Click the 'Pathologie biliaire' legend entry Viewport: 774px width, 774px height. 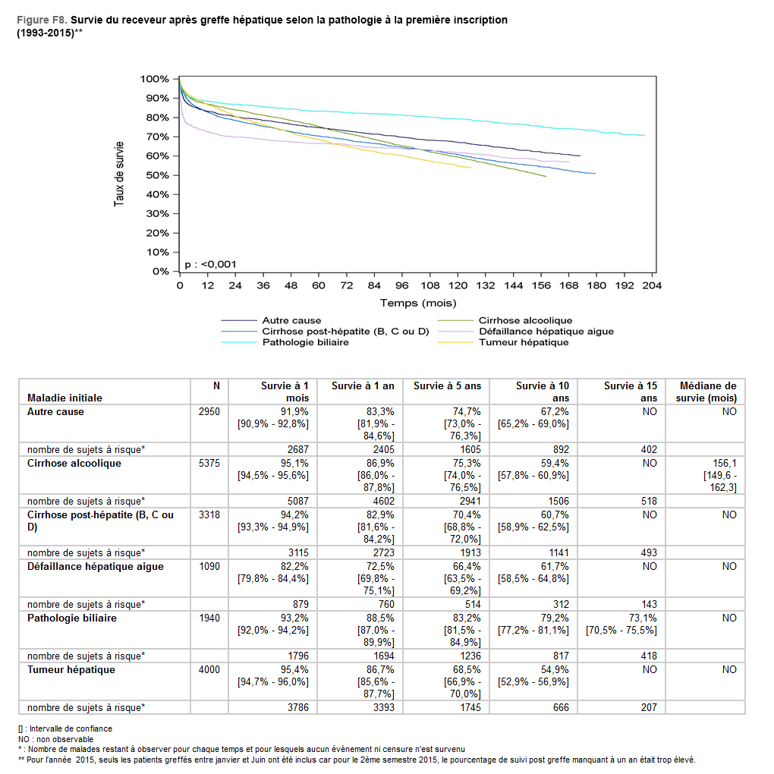[305, 342]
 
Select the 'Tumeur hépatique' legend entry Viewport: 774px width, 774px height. [523, 342]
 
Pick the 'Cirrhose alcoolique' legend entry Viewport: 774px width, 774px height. [525, 320]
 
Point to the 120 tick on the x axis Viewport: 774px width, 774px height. [458, 285]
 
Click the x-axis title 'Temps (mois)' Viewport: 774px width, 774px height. [417, 303]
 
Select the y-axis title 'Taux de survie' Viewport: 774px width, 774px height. [120, 175]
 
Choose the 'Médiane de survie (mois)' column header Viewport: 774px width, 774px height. [707, 392]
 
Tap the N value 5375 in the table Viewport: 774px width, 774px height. [209, 463]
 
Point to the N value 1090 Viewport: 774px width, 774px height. [209, 566]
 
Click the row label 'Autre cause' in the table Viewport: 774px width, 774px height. [55, 411]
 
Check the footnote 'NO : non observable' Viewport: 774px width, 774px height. [55, 739]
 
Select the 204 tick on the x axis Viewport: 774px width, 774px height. [653, 285]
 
